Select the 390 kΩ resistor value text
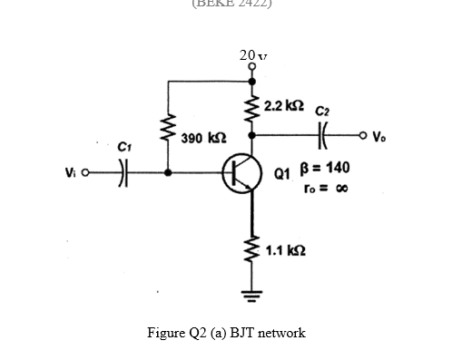tap(199, 139)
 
